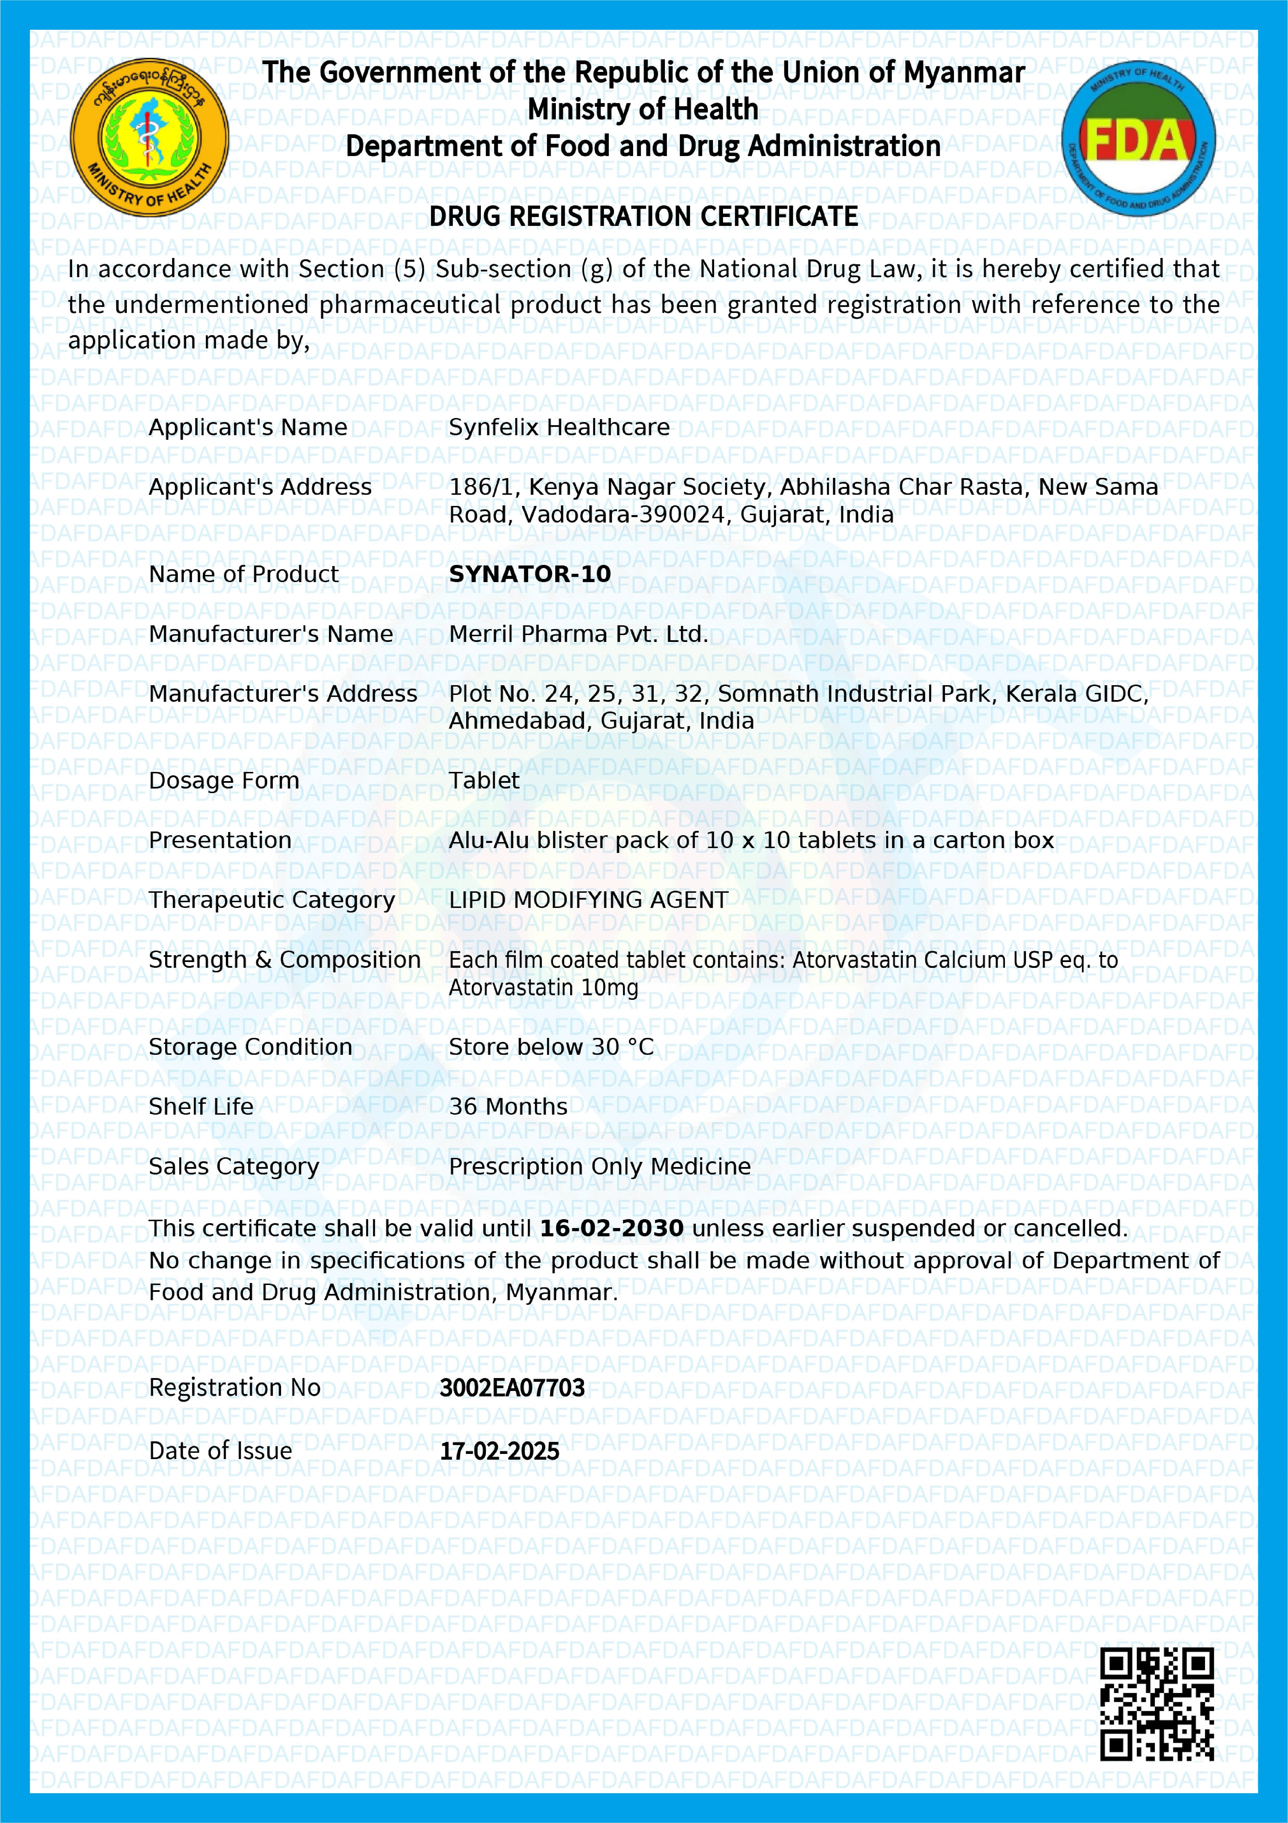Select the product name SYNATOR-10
(x=529, y=574)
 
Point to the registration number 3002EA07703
(x=512, y=1387)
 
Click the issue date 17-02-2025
(x=499, y=1450)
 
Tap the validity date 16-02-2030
(x=611, y=1228)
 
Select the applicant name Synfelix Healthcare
(x=559, y=427)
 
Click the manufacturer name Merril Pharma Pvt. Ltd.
(x=578, y=634)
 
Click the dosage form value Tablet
(x=484, y=781)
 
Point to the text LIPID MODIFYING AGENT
(x=588, y=900)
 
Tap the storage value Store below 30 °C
(x=551, y=1046)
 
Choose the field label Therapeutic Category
(x=271, y=900)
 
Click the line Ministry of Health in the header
(x=643, y=109)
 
